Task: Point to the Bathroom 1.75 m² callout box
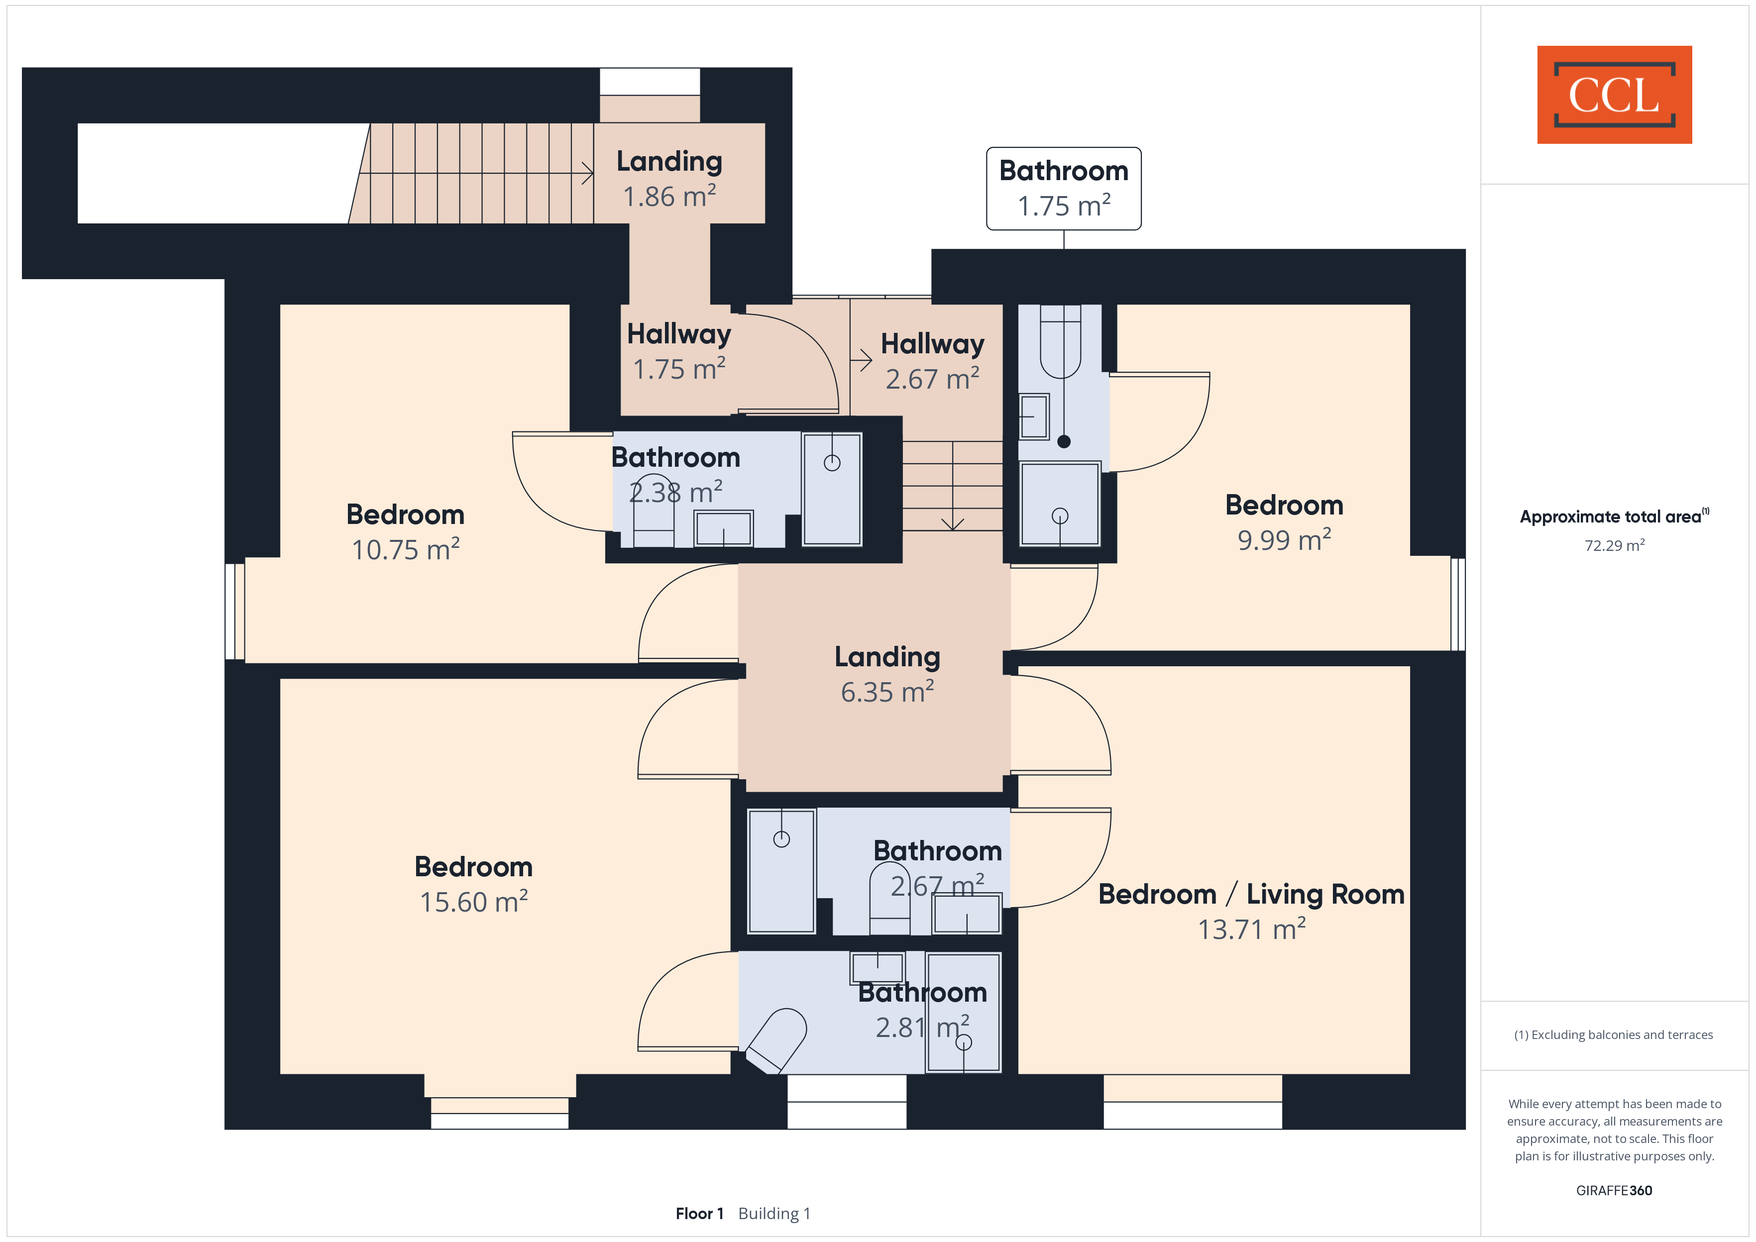(1063, 188)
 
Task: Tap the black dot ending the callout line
(1064, 441)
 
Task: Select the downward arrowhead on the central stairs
(952, 524)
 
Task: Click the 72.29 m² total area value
(1615, 545)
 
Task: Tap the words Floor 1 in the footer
(699, 1213)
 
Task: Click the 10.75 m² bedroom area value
(405, 549)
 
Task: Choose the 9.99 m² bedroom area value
(1284, 539)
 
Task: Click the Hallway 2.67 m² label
(932, 361)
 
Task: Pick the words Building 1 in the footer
(774, 1213)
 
